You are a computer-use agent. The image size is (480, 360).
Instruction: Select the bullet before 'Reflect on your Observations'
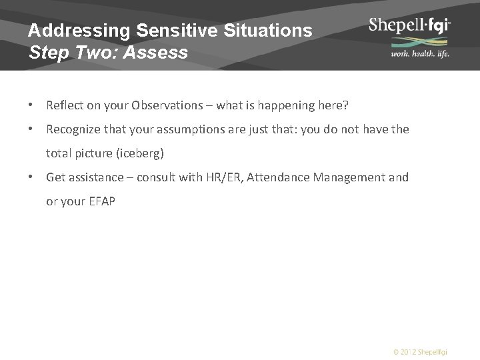pos(31,105)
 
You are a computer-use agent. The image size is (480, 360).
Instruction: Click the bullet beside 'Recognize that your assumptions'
pos(31,129)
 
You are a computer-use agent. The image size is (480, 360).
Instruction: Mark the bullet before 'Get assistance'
pos(31,177)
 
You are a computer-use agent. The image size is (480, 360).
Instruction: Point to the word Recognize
pos(73,129)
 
